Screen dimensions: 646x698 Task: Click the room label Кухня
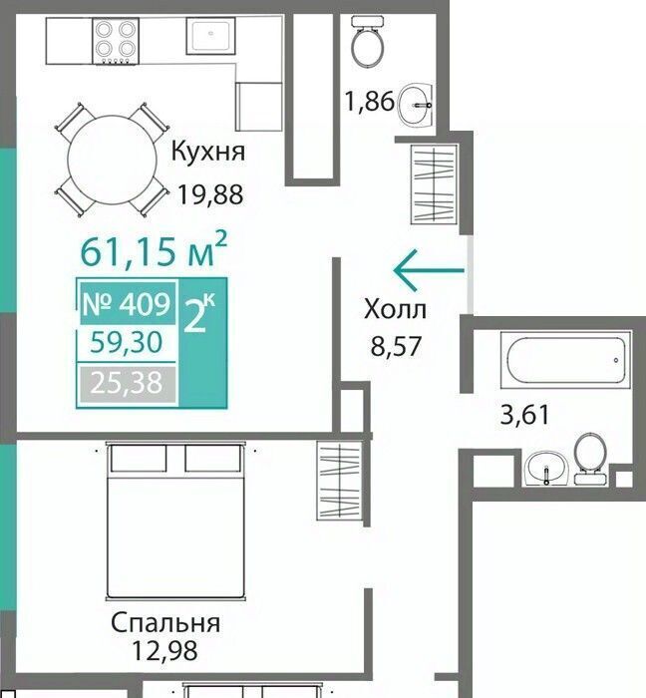[207, 153]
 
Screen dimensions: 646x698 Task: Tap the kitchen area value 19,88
[210, 194]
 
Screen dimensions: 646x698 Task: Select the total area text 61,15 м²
[154, 249]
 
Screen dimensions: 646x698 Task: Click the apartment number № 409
[128, 305]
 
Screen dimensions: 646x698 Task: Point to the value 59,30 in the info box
[127, 342]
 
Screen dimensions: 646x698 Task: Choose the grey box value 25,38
[127, 383]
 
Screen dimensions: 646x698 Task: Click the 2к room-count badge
[198, 314]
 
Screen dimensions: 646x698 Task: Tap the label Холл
[395, 310]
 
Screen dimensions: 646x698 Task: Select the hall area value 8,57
[396, 346]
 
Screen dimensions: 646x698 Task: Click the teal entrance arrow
[429, 270]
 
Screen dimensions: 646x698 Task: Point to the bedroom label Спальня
[165, 623]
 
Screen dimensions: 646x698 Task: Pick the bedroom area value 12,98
[164, 650]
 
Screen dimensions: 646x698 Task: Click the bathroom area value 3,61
[525, 415]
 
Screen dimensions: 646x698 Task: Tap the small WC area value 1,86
[370, 101]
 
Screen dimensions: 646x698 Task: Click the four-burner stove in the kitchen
[116, 42]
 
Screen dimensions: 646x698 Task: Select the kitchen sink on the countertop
[210, 36]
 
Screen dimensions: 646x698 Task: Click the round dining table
[112, 160]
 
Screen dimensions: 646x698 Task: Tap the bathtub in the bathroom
[566, 360]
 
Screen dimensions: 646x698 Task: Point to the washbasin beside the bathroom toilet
[545, 469]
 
